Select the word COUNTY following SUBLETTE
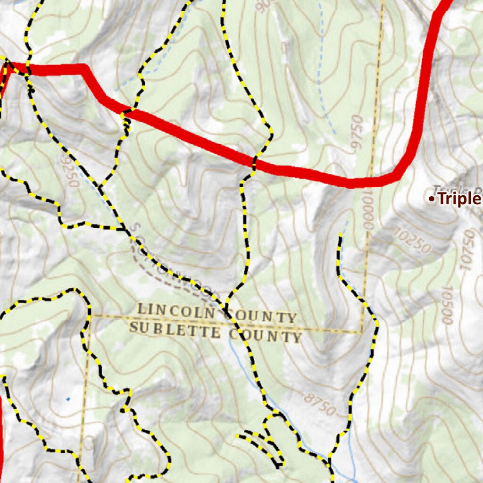(x=265, y=335)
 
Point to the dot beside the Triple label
(x=431, y=199)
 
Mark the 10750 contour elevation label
(x=467, y=250)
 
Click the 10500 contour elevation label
(x=446, y=305)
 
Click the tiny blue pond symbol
(x=68, y=400)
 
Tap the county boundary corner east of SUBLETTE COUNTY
(x=362, y=333)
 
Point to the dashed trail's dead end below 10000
(x=340, y=234)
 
